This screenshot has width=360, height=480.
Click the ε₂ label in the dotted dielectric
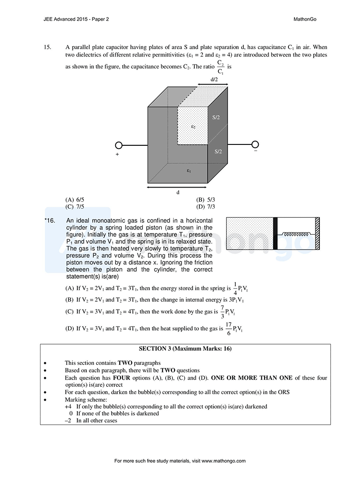[193, 126]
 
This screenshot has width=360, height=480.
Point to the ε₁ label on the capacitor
[189, 171]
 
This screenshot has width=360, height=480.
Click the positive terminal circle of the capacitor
[119, 145]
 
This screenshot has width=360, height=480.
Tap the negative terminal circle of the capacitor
[255, 144]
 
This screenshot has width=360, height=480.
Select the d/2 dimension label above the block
[215, 80]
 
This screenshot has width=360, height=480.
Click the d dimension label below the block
[178, 192]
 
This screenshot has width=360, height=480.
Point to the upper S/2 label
[216, 117]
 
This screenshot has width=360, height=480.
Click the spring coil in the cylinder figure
[295, 234]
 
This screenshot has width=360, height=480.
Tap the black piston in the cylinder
[275, 233]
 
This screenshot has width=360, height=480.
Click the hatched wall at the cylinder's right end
[317, 233]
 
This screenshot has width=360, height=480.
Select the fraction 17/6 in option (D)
[229, 328]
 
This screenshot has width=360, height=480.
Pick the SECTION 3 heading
[185, 349]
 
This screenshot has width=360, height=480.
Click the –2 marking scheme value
[68, 421]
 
